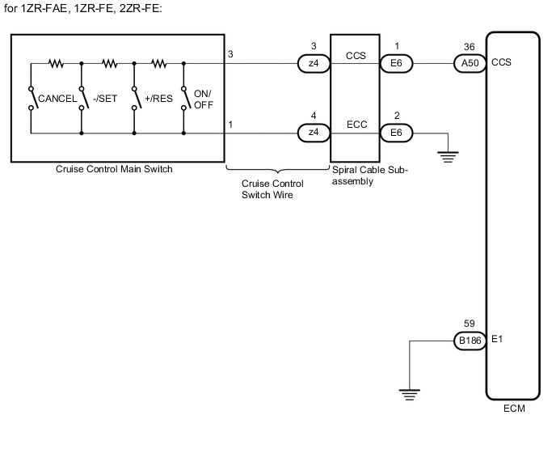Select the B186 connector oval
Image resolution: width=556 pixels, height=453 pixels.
click(x=469, y=341)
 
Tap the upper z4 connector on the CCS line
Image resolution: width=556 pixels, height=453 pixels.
click(x=314, y=61)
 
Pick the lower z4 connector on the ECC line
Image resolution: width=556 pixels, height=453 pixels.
click(x=314, y=131)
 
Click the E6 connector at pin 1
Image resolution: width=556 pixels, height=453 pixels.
click(x=395, y=61)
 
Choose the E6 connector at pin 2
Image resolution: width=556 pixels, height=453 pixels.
click(x=395, y=131)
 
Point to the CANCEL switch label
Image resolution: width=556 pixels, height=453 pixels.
click(x=57, y=99)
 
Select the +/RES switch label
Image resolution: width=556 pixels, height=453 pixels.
click(x=157, y=99)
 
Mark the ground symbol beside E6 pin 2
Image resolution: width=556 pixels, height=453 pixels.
click(x=446, y=156)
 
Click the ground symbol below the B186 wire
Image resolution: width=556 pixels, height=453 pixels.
click(x=410, y=395)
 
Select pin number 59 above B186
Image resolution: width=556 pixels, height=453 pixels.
click(x=469, y=324)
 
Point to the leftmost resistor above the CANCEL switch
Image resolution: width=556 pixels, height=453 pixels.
click(x=56, y=61)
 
